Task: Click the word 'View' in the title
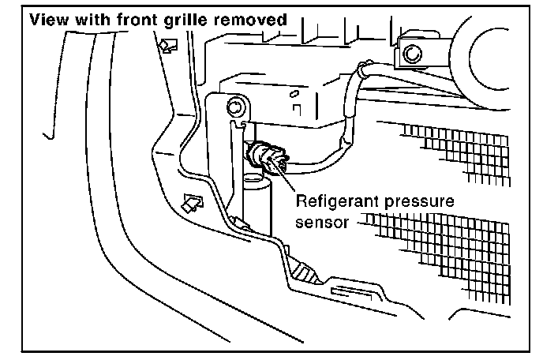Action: [x=48, y=20]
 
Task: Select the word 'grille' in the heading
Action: [x=174, y=20]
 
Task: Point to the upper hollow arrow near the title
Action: [x=168, y=47]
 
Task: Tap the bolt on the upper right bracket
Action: [x=410, y=54]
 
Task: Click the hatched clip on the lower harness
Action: [x=306, y=272]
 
